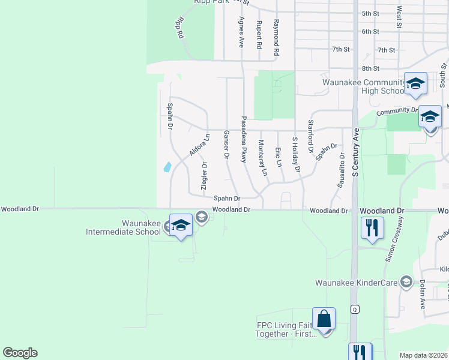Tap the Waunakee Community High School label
tap(364, 86)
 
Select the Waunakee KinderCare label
tap(358, 282)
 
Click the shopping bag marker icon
tap(324, 318)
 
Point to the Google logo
tap(20, 353)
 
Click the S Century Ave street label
tap(355, 152)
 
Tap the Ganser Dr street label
tap(226, 145)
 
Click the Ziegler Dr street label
tap(204, 175)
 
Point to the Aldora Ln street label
tap(199, 145)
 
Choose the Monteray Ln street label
tap(262, 158)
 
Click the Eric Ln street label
tap(279, 157)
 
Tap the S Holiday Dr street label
tap(295, 155)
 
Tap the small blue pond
tap(167, 166)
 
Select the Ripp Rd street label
tap(179, 28)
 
